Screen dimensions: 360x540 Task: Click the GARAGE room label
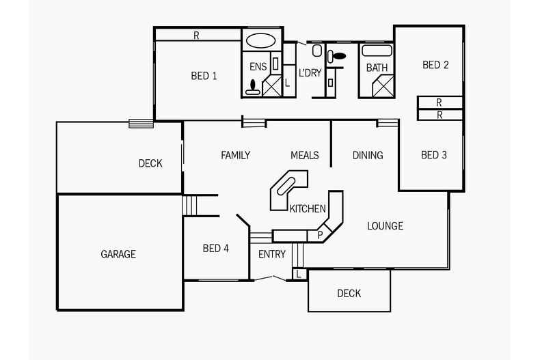118,254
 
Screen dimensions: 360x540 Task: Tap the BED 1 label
204,76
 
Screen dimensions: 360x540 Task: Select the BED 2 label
435,65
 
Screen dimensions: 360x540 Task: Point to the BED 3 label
433,155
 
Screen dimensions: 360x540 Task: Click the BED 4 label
215,249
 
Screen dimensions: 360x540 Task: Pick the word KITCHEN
308,209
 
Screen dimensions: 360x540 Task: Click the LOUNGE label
385,226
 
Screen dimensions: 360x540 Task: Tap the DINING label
368,155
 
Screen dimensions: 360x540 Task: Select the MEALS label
304,155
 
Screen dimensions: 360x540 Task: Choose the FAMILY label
235,155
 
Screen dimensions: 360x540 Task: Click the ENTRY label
271,255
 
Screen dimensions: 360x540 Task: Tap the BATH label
377,68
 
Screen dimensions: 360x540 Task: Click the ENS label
258,67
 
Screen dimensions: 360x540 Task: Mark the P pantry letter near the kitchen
319,235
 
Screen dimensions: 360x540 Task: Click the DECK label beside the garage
150,163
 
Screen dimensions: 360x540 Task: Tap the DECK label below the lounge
349,294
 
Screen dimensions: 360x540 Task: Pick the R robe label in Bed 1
196,36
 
